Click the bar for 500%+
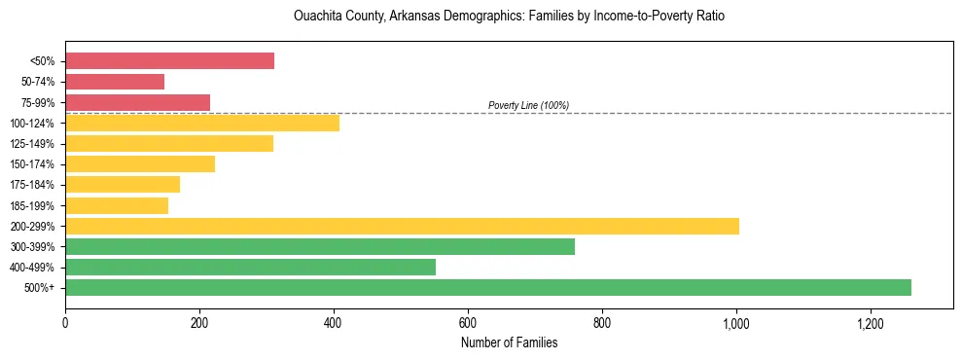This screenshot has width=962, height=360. [x=487, y=287]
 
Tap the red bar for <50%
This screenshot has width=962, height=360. [x=169, y=61]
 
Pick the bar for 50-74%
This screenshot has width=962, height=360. [x=115, y=82]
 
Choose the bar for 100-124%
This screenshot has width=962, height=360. [x=202, y=123]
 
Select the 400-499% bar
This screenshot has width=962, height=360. [x=250, y=267]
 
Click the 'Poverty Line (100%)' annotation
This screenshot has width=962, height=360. [x=528, y=105]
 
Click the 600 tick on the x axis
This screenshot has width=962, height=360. [x=468, y=323]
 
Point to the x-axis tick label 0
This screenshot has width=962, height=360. [x=65, y=323]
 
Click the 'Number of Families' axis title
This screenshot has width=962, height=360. [x=509, y=342]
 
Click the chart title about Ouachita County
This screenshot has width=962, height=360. [x=509, y=17]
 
